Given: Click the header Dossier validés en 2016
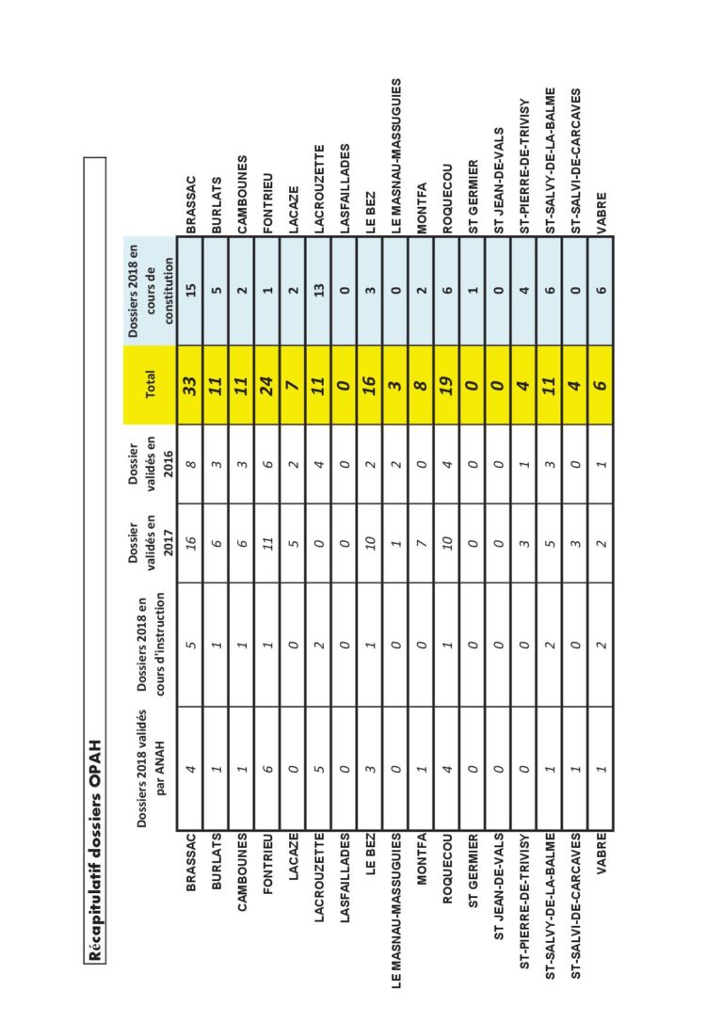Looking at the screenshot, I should (150, 463).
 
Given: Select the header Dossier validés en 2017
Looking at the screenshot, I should (150, 542).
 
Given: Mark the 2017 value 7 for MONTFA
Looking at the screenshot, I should (423, 542).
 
